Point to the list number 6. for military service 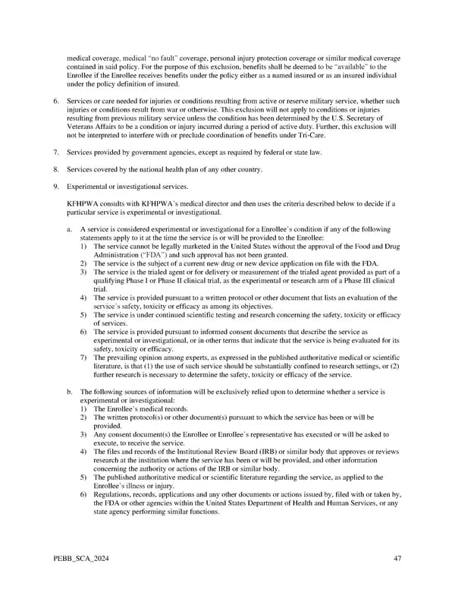(55, 100)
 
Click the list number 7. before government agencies (55, 153)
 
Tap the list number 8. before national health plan (55, 169)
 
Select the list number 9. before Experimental (55, 186)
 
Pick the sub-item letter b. (70, 392)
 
